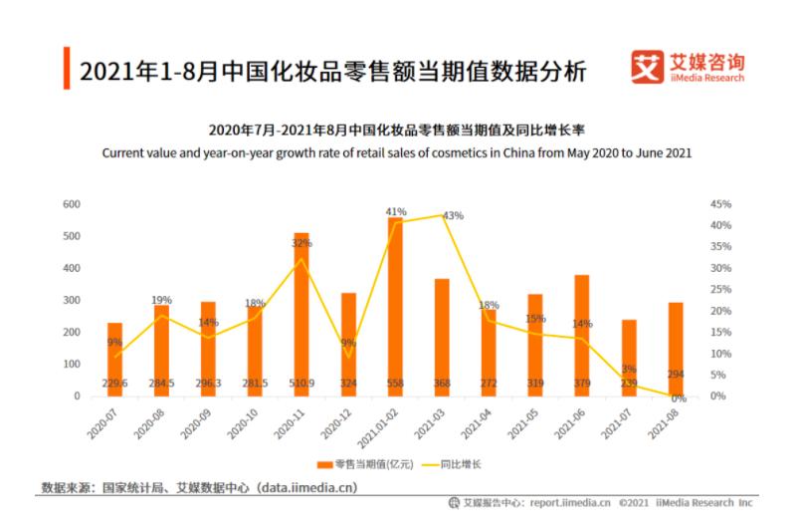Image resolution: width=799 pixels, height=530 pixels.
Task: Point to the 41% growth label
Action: [x=396, y=212]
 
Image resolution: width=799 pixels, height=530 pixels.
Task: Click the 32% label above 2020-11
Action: [x=301, y=243]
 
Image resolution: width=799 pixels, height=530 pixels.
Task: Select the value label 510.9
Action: [x=301, y=384]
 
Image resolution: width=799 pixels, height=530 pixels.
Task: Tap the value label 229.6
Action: [x=115, y=384]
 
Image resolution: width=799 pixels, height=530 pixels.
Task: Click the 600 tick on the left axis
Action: [x=71, y=204]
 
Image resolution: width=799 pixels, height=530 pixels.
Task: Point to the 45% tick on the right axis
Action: [x=720, y=204]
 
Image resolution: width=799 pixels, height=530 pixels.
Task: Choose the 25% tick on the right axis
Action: [x=720, y=290]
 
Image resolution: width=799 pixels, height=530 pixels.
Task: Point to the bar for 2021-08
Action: [x=676, y=350]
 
